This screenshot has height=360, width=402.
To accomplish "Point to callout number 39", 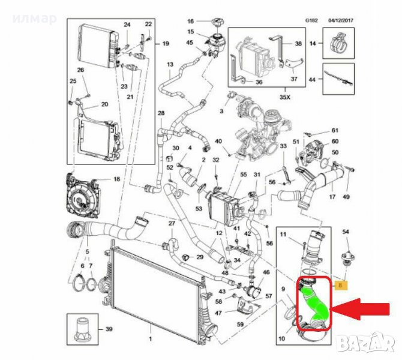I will pos(109,329).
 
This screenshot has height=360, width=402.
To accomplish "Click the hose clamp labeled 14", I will pos(339,44).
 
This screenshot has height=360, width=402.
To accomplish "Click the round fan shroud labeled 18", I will pos(80,196).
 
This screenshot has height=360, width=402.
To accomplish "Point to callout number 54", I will pos(346,232).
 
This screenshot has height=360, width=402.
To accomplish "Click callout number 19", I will pos(166,43).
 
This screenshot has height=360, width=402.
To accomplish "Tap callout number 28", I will pos(161,114).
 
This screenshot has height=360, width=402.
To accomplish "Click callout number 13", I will pos(170,64).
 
